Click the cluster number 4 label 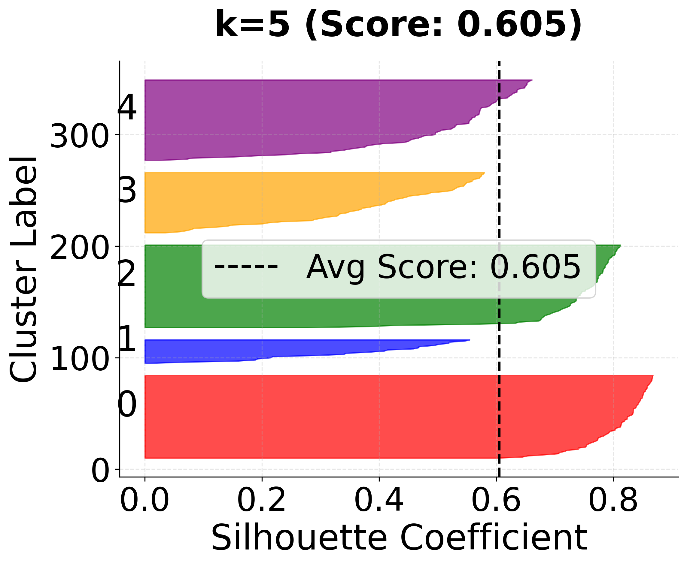127,108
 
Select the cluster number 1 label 128,339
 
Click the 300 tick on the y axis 79,136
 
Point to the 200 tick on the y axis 79,248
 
